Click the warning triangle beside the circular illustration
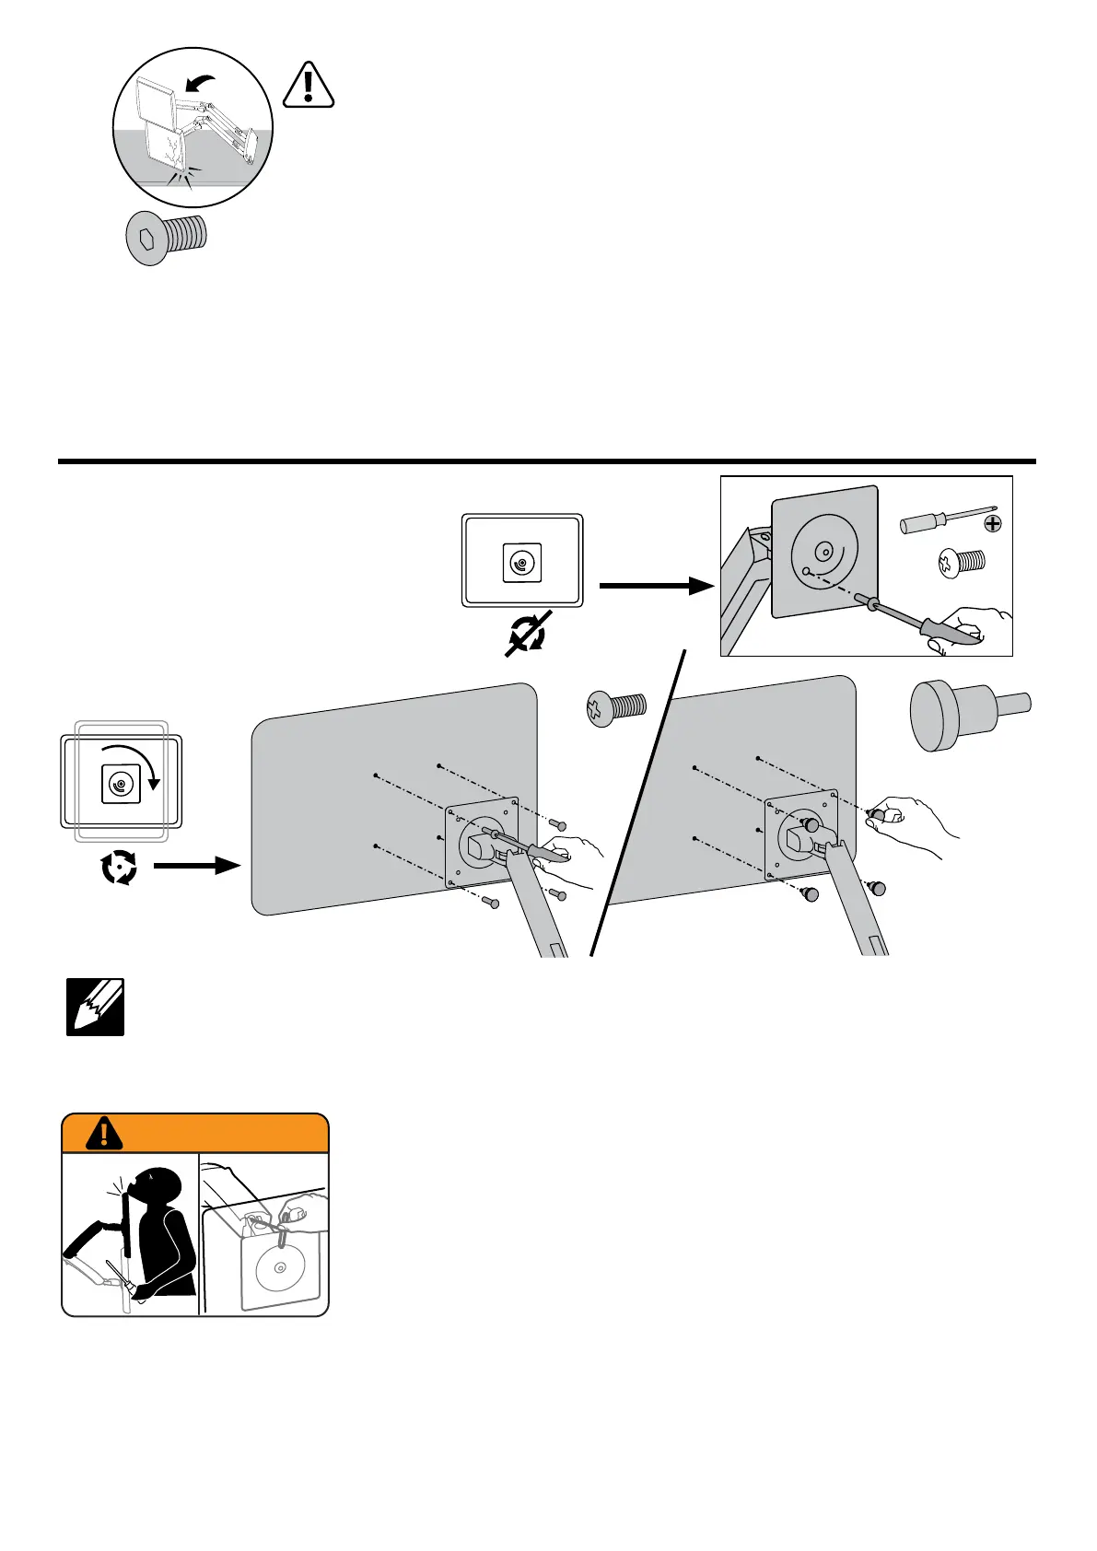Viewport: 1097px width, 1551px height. (x=309, y=86)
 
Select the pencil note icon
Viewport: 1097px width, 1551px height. (x=95, y=1008)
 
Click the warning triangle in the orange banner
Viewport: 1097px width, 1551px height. (x=104, y=1134)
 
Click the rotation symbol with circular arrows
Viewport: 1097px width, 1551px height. (x=120, y=867)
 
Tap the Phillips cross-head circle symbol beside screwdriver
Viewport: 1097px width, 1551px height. (x=992, y=524)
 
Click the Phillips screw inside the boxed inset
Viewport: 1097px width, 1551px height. (x=961, y=562)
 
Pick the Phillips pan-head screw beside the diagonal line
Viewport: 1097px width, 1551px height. (x=616, y=708)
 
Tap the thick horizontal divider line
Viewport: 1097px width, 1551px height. (x=547, y=461)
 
